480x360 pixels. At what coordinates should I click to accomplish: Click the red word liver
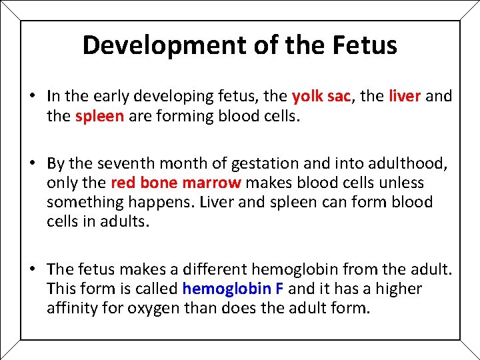[x=404, y=96]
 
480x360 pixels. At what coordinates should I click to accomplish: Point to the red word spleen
[x=99, y=115]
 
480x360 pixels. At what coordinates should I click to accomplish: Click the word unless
[x=402, y=183]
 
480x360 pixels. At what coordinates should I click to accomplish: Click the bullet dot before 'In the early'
[x=32, y=96]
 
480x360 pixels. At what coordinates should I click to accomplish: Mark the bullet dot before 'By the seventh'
[x=32, y=163]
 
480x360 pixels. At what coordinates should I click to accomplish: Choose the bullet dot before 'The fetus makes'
[x=32, y=269]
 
